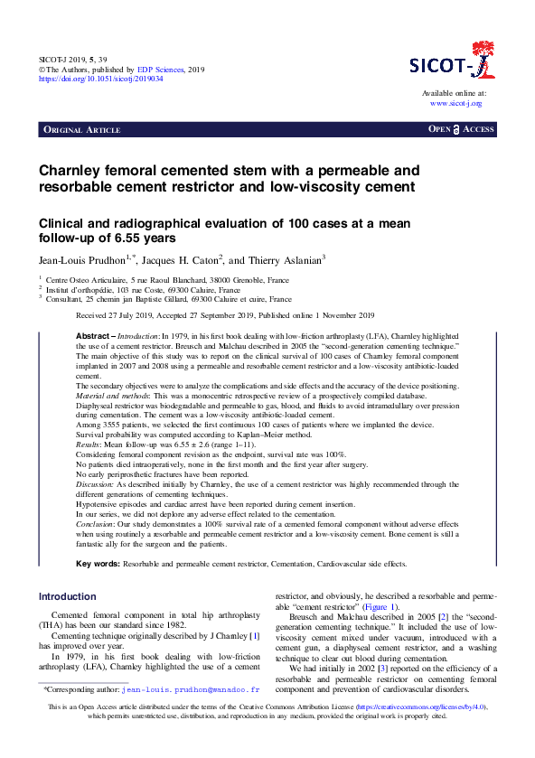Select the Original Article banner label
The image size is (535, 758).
(x=81, y=130)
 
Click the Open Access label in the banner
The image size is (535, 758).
(x=461, y=130)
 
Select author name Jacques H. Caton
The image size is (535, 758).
(x=186, y=260)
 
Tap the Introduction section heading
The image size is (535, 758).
(x=67, y=596)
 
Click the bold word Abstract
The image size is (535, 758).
(x=93, y=335)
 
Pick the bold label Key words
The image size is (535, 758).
(x=97, y=564)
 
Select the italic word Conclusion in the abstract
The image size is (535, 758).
(x=97, y=523)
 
